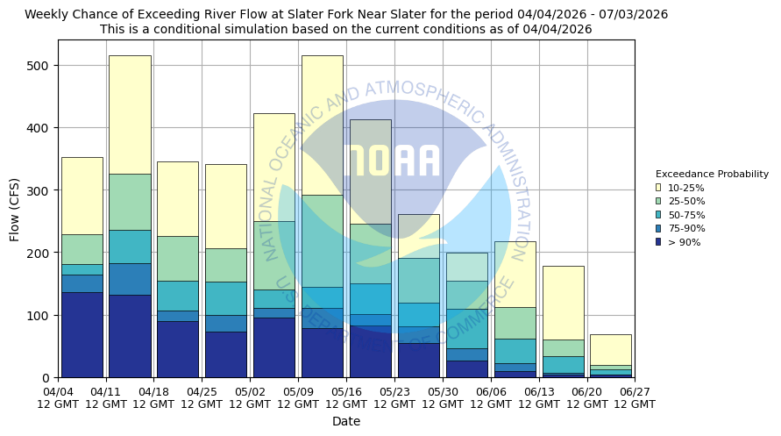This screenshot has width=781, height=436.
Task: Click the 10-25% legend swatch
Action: point(658,188)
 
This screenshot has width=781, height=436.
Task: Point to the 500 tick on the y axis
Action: point(40,66)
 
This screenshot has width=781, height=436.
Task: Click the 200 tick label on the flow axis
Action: point(40,253)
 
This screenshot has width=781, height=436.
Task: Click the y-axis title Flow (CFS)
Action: point(15,209)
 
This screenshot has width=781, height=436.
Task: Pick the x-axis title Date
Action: point(346,421)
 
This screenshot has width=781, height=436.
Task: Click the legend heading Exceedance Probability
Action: point(712,174)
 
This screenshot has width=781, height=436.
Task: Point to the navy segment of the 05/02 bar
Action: point(273,347)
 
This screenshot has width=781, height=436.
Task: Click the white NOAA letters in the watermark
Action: point(392,161)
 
